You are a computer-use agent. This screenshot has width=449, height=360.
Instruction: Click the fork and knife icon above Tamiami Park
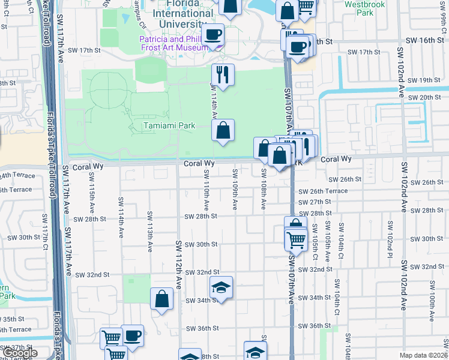coord(222,74)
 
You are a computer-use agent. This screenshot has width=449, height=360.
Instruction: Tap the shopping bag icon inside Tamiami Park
coord(223,130)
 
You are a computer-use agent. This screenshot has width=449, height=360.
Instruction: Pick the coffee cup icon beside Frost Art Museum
coord(212,35)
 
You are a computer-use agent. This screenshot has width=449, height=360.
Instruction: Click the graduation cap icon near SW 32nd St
coord(221,287)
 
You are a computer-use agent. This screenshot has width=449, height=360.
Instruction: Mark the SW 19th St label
coord(423,80)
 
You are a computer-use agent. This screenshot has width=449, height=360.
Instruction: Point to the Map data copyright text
coord(423,355)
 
